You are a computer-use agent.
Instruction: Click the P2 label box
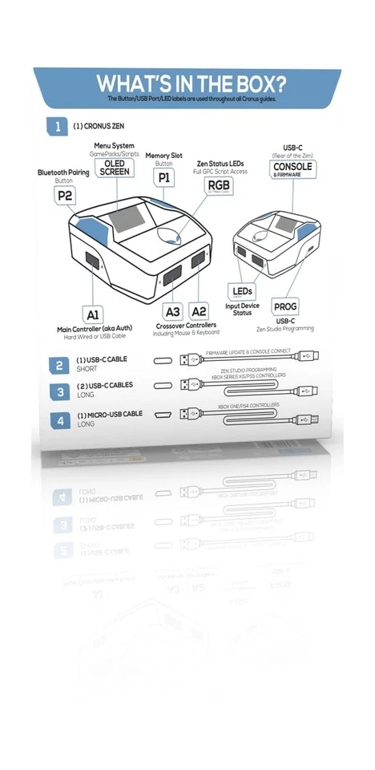[65, 195]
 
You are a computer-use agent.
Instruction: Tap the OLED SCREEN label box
[115, 168]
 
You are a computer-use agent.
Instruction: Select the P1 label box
[163, 176]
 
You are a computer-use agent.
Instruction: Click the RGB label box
[214, 187]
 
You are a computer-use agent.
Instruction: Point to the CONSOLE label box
[292, 168]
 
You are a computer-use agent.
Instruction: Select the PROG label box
[285, 306]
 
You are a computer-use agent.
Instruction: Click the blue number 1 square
[57, 125]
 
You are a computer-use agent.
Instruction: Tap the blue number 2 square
[59, 366]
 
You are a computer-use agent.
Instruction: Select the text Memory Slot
[163, 155]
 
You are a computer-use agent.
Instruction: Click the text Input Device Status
[242, 309]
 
